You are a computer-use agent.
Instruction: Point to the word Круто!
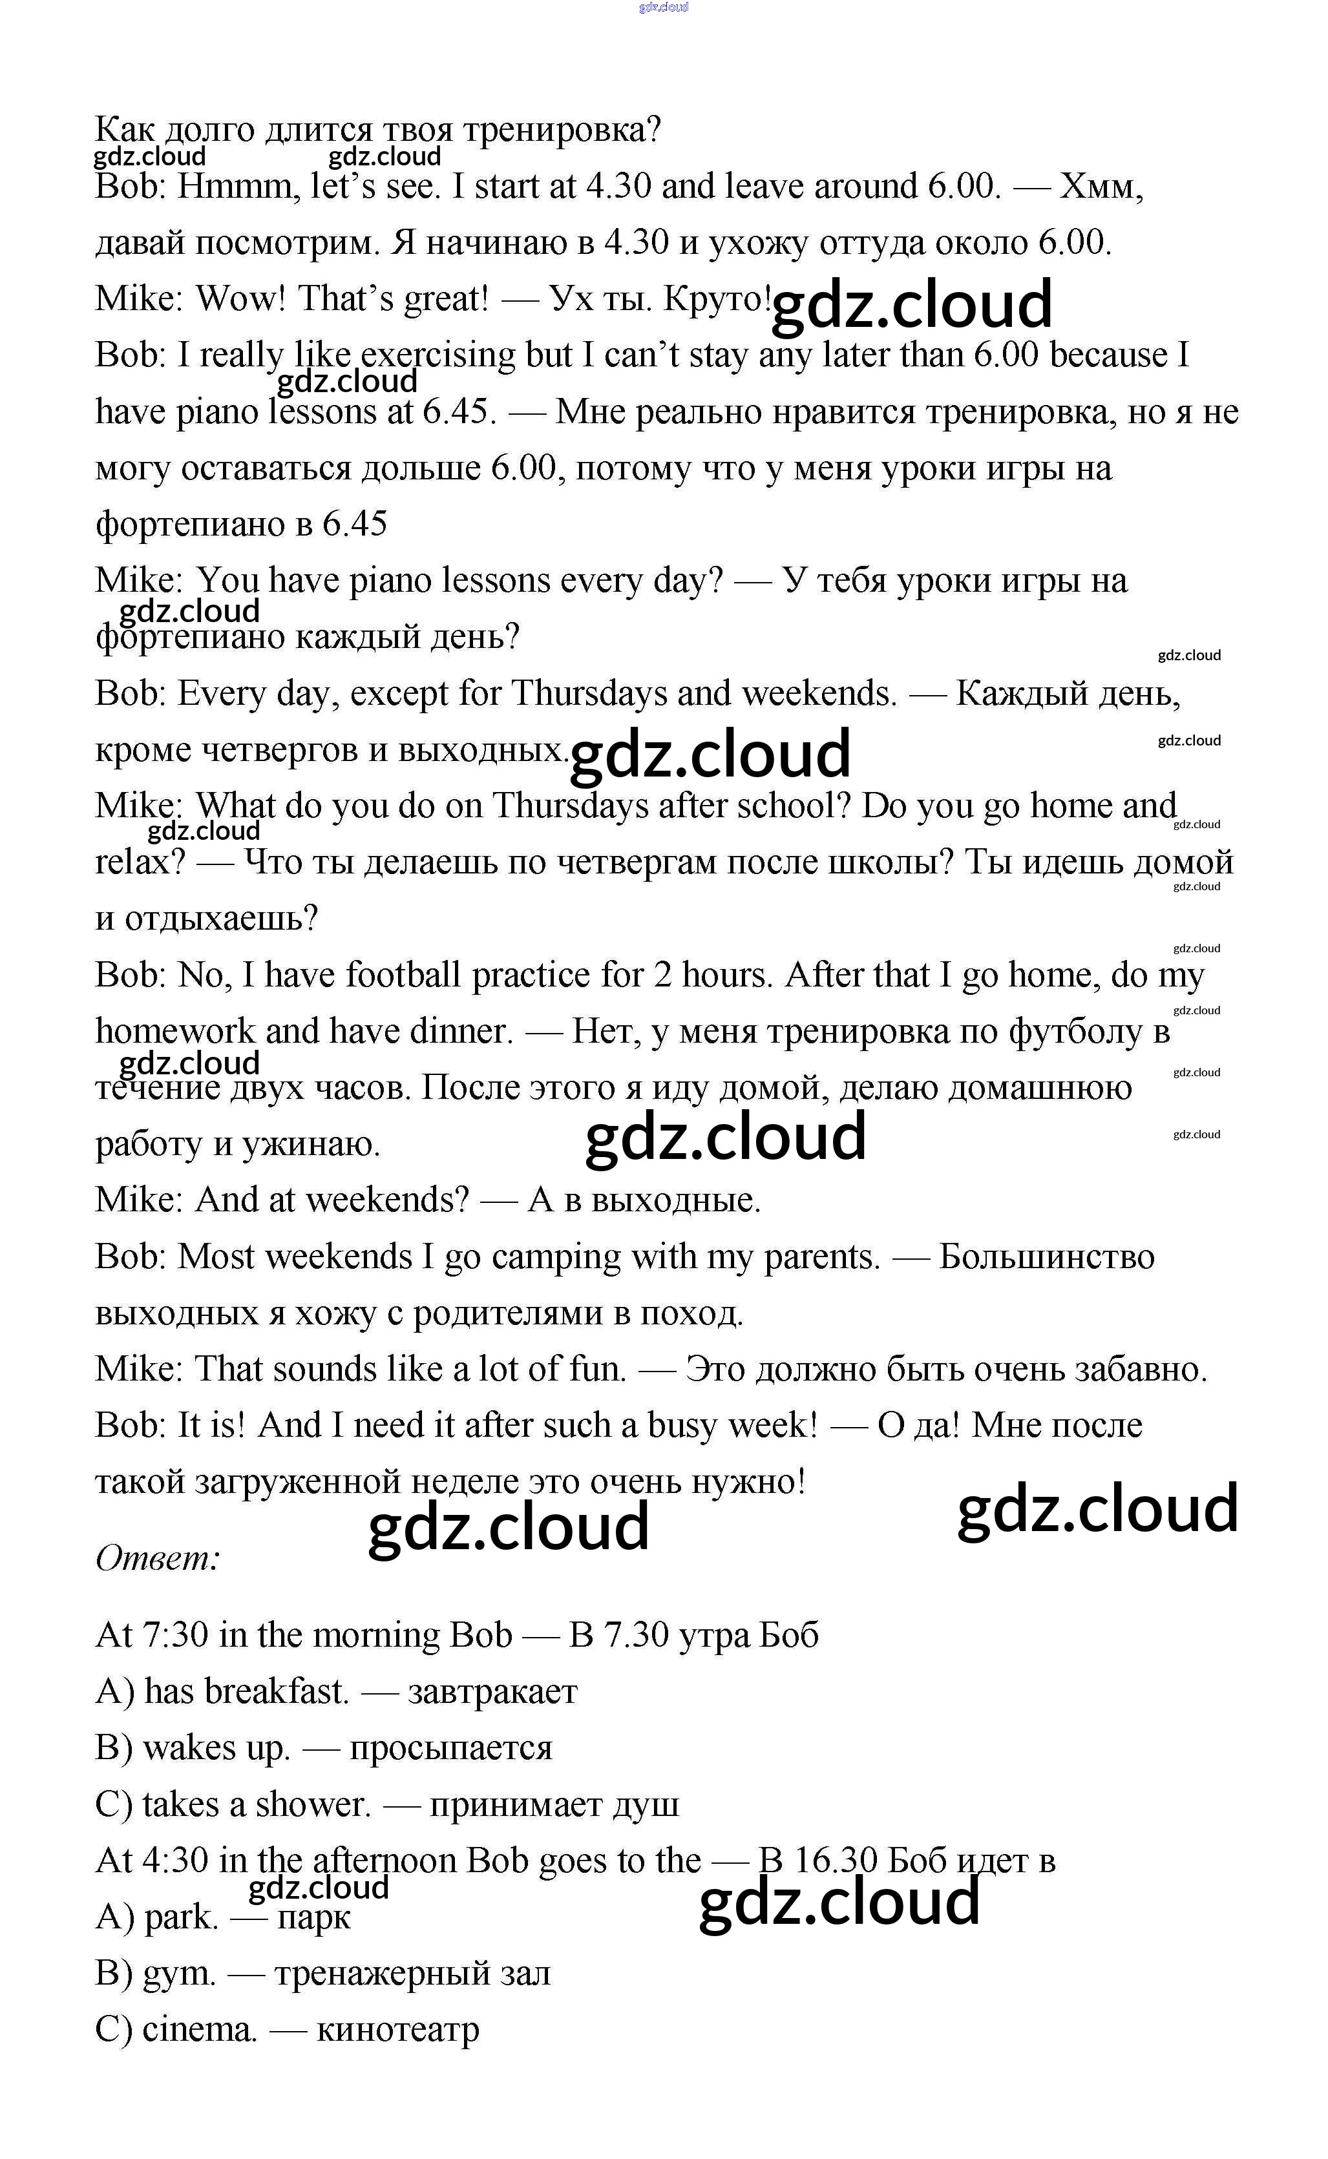(717, 298)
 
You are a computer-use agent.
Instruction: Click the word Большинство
(1046, 1257)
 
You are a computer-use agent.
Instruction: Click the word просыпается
(450, 1748)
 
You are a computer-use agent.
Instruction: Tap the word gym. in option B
(178, 1974)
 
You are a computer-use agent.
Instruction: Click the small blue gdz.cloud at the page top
(663, 7)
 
